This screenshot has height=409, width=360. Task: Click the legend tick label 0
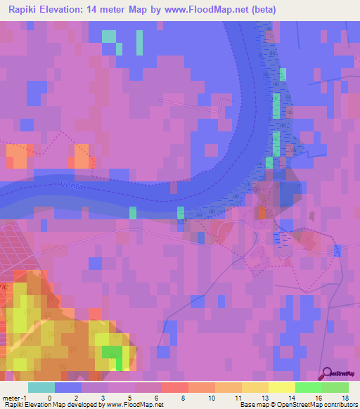point(49,398)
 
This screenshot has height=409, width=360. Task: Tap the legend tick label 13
point(264,398)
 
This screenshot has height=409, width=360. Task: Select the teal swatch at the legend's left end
point(41,387)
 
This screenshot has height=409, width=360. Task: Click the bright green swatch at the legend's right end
point(335,387)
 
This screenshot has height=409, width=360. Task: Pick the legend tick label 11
point(237,398)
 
